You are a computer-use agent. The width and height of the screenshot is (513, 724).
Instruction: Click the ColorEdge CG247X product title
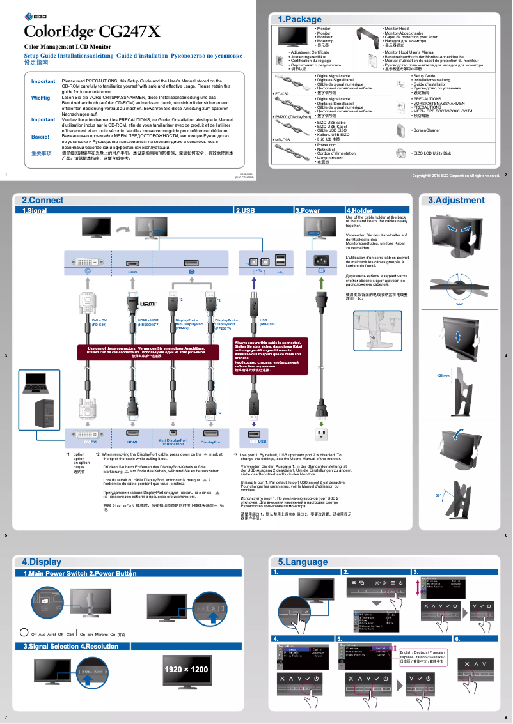point(92,31)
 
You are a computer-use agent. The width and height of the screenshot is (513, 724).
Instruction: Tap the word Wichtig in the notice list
point(40,98)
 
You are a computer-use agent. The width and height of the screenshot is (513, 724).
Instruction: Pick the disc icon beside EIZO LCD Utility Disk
point(400,153)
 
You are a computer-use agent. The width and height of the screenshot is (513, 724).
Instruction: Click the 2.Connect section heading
point(42,200)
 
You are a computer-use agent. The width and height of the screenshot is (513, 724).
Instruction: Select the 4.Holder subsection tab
point(359,210)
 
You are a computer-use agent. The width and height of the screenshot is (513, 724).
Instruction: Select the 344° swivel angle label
point(459,305)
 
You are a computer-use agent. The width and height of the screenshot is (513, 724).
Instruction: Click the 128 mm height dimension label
point(444,376)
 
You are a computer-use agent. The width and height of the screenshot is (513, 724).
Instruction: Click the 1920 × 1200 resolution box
point(186,669)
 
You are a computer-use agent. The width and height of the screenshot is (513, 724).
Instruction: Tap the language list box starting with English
point(423,657)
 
